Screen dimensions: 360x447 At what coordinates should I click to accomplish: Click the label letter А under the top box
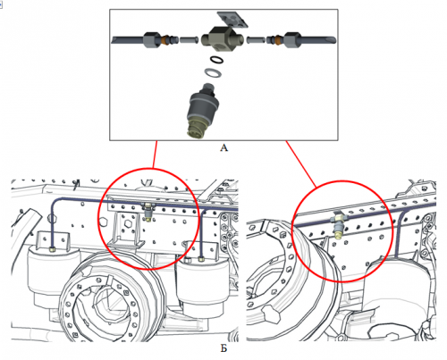click(x=223, y=150)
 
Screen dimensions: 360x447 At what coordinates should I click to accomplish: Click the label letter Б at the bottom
click(x=223, y=347)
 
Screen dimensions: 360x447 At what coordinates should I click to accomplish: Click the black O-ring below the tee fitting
click(x=215, y=61)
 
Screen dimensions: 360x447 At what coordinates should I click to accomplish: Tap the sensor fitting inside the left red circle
click(x=147, y=211)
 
